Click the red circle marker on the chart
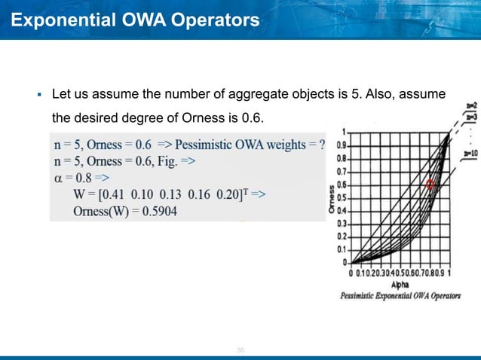pyautogui.click(x=431, y=184)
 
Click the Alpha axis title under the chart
pyautogui.click(x=400, y=286)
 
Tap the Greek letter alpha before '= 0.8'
pyautogui.click(x=59, y=177)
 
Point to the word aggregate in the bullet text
pyautogui.click(x=286, y=96)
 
